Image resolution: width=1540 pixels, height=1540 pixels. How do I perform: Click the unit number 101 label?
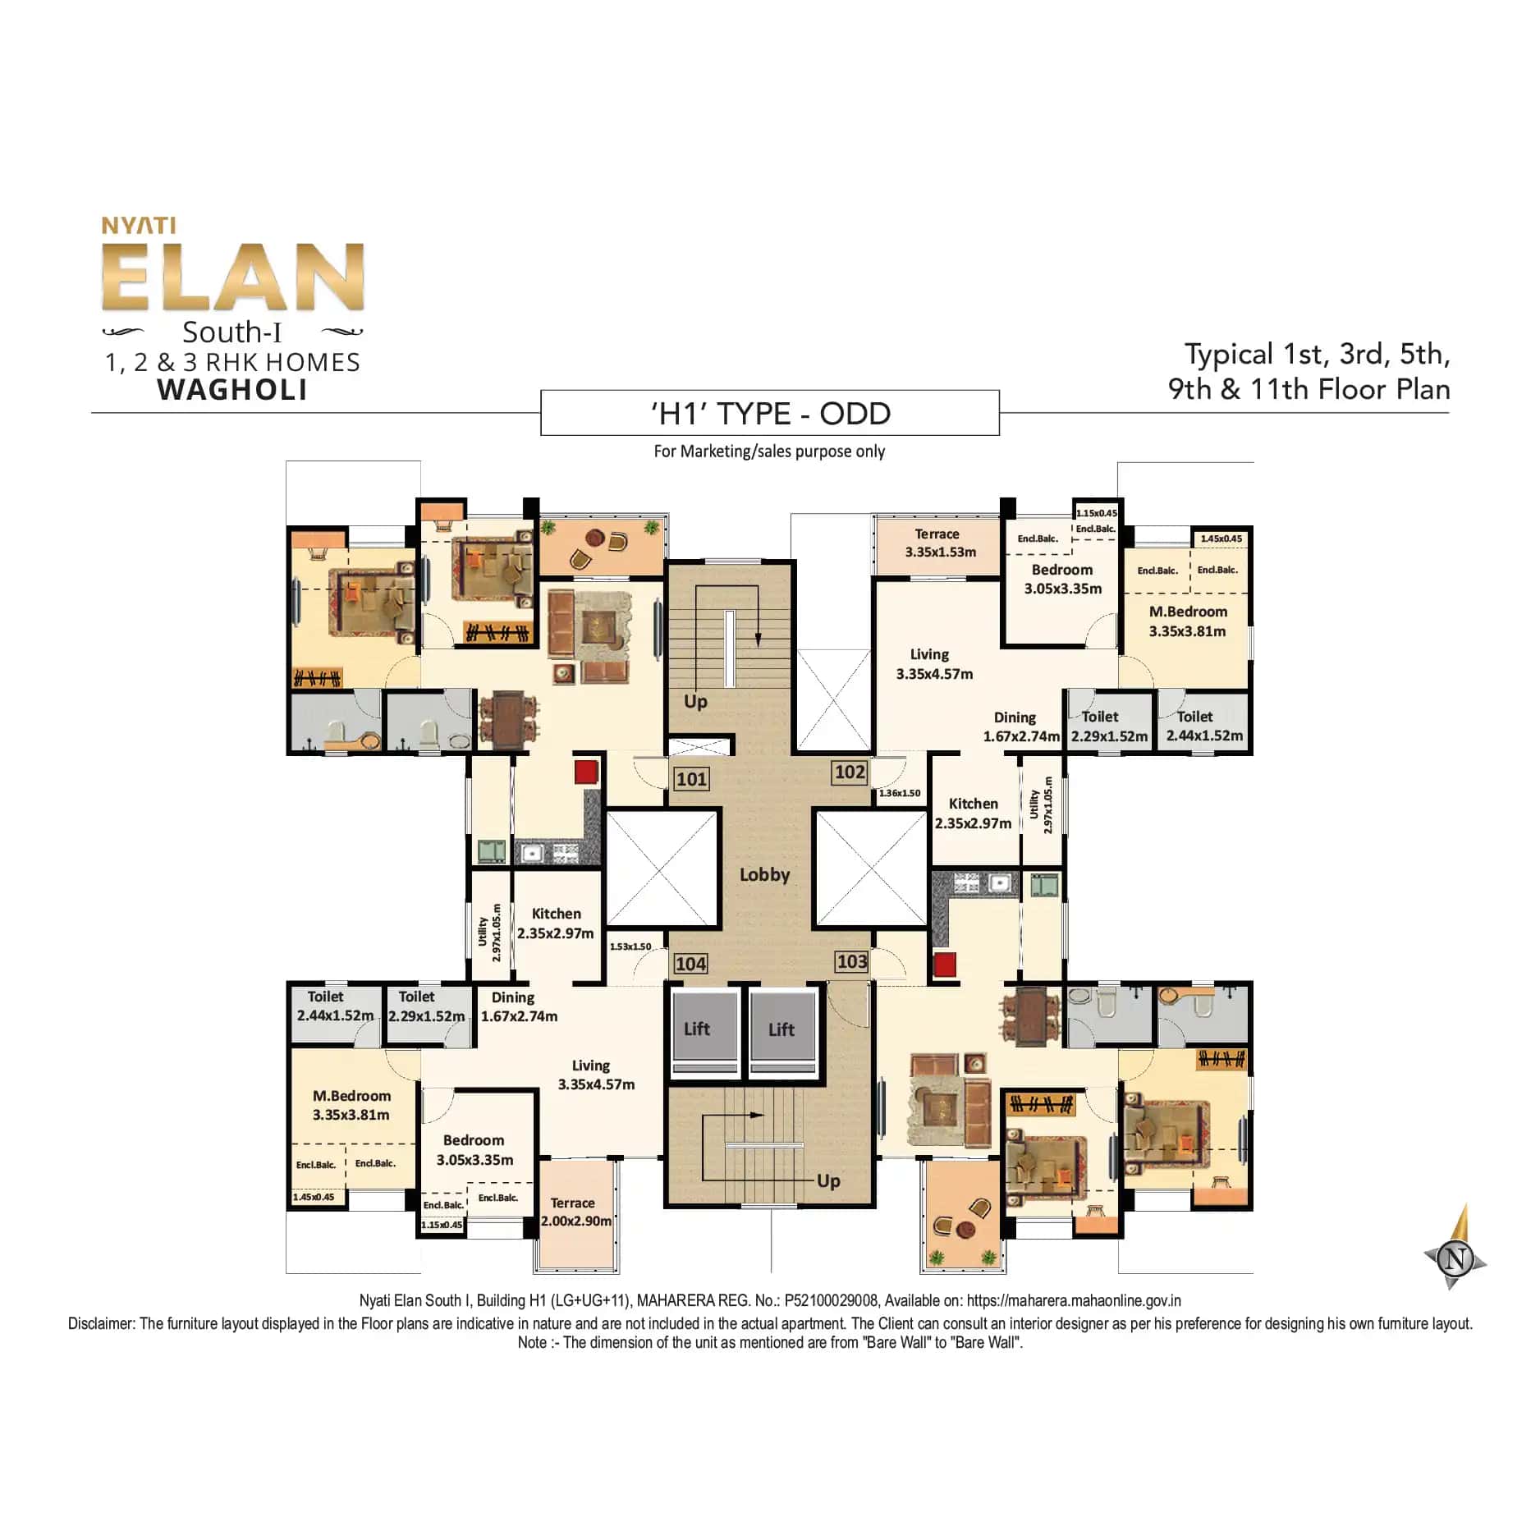(x=691, y=778)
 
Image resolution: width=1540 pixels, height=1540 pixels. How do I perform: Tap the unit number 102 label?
(x=849, y=772)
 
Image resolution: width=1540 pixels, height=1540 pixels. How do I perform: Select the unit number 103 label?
(x=851, y=961)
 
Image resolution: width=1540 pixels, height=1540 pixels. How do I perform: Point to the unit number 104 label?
(x=690, y=964)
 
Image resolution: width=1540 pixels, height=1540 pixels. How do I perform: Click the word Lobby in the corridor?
(x=764, y=874)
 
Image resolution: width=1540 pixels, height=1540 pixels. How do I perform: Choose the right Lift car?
(x=783, y=1029)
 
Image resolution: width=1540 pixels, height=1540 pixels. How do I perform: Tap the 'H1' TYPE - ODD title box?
(x=770, y=413)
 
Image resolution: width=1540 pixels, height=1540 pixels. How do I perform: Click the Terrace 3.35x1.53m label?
(x=938, y=543)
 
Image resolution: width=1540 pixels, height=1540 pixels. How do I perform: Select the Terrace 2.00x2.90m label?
(x=575, y=1212)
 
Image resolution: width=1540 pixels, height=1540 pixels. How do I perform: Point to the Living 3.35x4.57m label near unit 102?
(x=933, y=664)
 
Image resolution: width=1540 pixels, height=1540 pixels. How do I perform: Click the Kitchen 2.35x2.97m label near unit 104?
(x=556, y=924)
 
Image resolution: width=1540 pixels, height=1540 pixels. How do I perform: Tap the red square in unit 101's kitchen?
(x=586, y=772)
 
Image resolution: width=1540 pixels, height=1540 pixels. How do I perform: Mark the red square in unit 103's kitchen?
(x=944, y=964)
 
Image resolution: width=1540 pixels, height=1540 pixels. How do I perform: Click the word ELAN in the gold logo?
(x=233, y=277)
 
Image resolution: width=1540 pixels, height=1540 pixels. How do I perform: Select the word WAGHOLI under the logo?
(x=232, y=389)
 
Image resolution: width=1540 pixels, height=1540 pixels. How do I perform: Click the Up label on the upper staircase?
(x=695, y=701)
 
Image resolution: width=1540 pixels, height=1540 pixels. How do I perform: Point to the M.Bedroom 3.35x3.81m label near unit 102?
(x=1187, y=621)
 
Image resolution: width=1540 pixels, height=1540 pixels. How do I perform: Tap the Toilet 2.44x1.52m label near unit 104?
(x=333, y=1006)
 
